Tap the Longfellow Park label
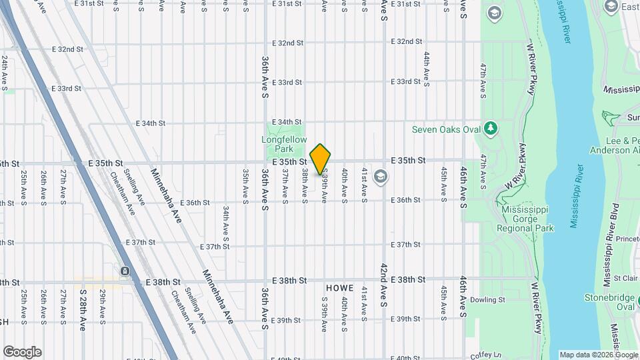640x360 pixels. pos(284,144)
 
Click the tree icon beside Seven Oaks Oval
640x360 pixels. pos(491,127)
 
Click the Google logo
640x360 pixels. pos(22,352)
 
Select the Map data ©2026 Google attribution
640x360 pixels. pos(598,355)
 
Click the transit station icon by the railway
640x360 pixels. pos(125,271)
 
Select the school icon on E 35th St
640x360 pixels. pos(380,177)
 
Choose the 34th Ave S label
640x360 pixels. pos(226,223)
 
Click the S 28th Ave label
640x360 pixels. pos(83,309)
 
